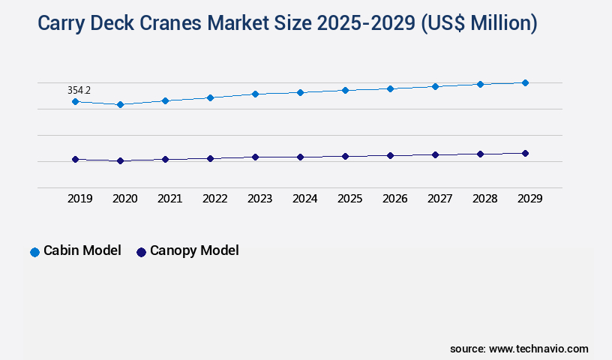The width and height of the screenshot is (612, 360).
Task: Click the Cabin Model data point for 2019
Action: click(75, 101)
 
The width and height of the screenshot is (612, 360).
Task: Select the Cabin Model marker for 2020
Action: click(120, 104)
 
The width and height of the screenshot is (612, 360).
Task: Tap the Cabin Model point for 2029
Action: click(525, 82)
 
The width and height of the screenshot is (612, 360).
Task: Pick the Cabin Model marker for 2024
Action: click(300, 92)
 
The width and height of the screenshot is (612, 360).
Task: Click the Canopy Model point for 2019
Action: click(75, 159)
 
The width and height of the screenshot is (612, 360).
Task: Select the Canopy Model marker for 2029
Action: click(525, 153)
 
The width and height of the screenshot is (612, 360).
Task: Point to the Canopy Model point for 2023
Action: click(255, 157)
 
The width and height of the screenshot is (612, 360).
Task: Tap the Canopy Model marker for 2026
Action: click(390, 155)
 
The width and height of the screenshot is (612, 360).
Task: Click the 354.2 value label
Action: click(79, 90)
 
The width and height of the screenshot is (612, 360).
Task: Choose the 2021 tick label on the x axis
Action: click(169, 199)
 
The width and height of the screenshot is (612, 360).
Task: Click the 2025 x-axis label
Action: click(349, 199)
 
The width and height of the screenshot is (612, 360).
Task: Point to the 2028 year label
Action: click(484, 199)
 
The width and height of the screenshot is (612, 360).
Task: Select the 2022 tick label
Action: click(214, 199)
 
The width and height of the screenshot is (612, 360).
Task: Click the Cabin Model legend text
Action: click(82, 250)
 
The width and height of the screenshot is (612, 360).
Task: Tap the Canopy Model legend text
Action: click(194, 250)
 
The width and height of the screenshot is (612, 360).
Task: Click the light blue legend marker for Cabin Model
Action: click(34, 252)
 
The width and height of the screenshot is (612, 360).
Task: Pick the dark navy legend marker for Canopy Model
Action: click(141, 252)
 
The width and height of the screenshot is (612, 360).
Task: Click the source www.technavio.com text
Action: click(519, 349)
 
